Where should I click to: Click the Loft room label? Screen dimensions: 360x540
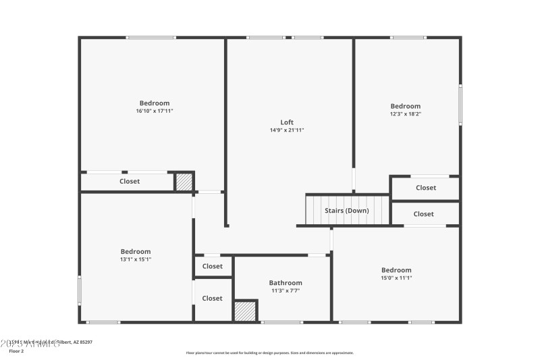click(287, 122)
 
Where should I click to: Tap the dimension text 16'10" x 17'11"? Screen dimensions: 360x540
click(155, 111)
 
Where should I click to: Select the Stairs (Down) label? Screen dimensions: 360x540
click(347, 211)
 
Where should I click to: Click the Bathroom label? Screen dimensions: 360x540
click(286, 283)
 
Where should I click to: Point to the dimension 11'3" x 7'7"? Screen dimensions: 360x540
click(286, 291)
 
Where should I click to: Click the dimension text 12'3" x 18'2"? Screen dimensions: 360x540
click(406, 114)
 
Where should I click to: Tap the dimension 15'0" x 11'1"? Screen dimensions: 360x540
click(396, 278)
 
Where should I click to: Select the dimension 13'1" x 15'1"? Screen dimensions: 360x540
click(136, 259)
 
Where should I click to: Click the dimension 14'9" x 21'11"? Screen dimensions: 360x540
click(287, 130)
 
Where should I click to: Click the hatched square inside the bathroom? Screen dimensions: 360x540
click(246, 311)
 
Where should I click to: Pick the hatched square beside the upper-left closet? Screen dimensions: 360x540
click(184, 182)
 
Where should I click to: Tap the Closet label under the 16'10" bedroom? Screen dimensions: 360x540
click(130, 181)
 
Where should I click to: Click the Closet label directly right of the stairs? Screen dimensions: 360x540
click(424, 214)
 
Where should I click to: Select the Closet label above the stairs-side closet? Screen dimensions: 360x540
click(426, 188)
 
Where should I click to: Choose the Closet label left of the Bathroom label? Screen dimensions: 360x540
click(212, 299)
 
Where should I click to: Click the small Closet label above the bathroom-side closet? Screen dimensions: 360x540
click(212, 266)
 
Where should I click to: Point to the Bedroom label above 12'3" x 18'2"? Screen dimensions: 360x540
click(406, 106)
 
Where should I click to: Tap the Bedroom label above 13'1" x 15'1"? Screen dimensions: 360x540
click(136, 251)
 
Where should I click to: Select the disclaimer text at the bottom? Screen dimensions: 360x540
click(269, 353)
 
